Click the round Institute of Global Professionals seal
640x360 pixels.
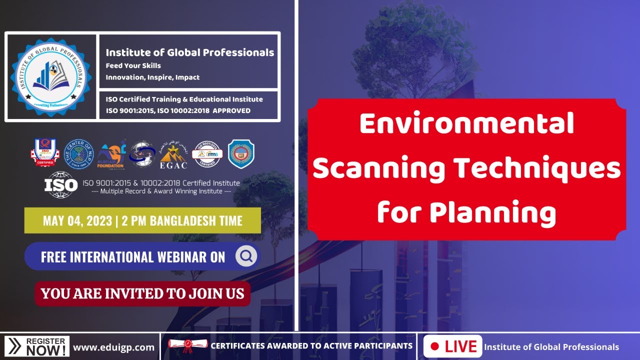pyautogui.click(x=51, y=76)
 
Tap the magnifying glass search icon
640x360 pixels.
pyautogui.click(x=246, y=256)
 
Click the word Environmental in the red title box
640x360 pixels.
pyautogui.click(x=466, y=123)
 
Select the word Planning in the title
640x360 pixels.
pyautogui.click(x=466, y=211)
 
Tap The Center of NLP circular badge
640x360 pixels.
pyautogui.click(x=80, y=153)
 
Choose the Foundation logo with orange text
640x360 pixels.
pyautogui.click(x=111, y=153)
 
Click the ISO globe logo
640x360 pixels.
pyautogui.click(x=61, y=184)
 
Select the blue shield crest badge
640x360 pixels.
pyautogui.click(x=241, y=153)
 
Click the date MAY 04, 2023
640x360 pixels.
pyautogui.click(x=77, y=220)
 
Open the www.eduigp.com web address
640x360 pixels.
pyautogui.click(x=114, y=347)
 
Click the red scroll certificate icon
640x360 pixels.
pyautogui.click(x=187, y=345)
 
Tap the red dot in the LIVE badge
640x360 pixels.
pyautogui.click(x=434, y=346)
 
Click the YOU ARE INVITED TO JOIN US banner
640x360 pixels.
pyautogui.click(x=142, y=293)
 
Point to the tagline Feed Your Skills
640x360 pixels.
pyautogui.click(x=133, y=65)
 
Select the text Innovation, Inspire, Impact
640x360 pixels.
pyautogui.click(x=152, y=77)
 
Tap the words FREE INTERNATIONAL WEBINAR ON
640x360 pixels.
pyautogui.click(x=133, y=257)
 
